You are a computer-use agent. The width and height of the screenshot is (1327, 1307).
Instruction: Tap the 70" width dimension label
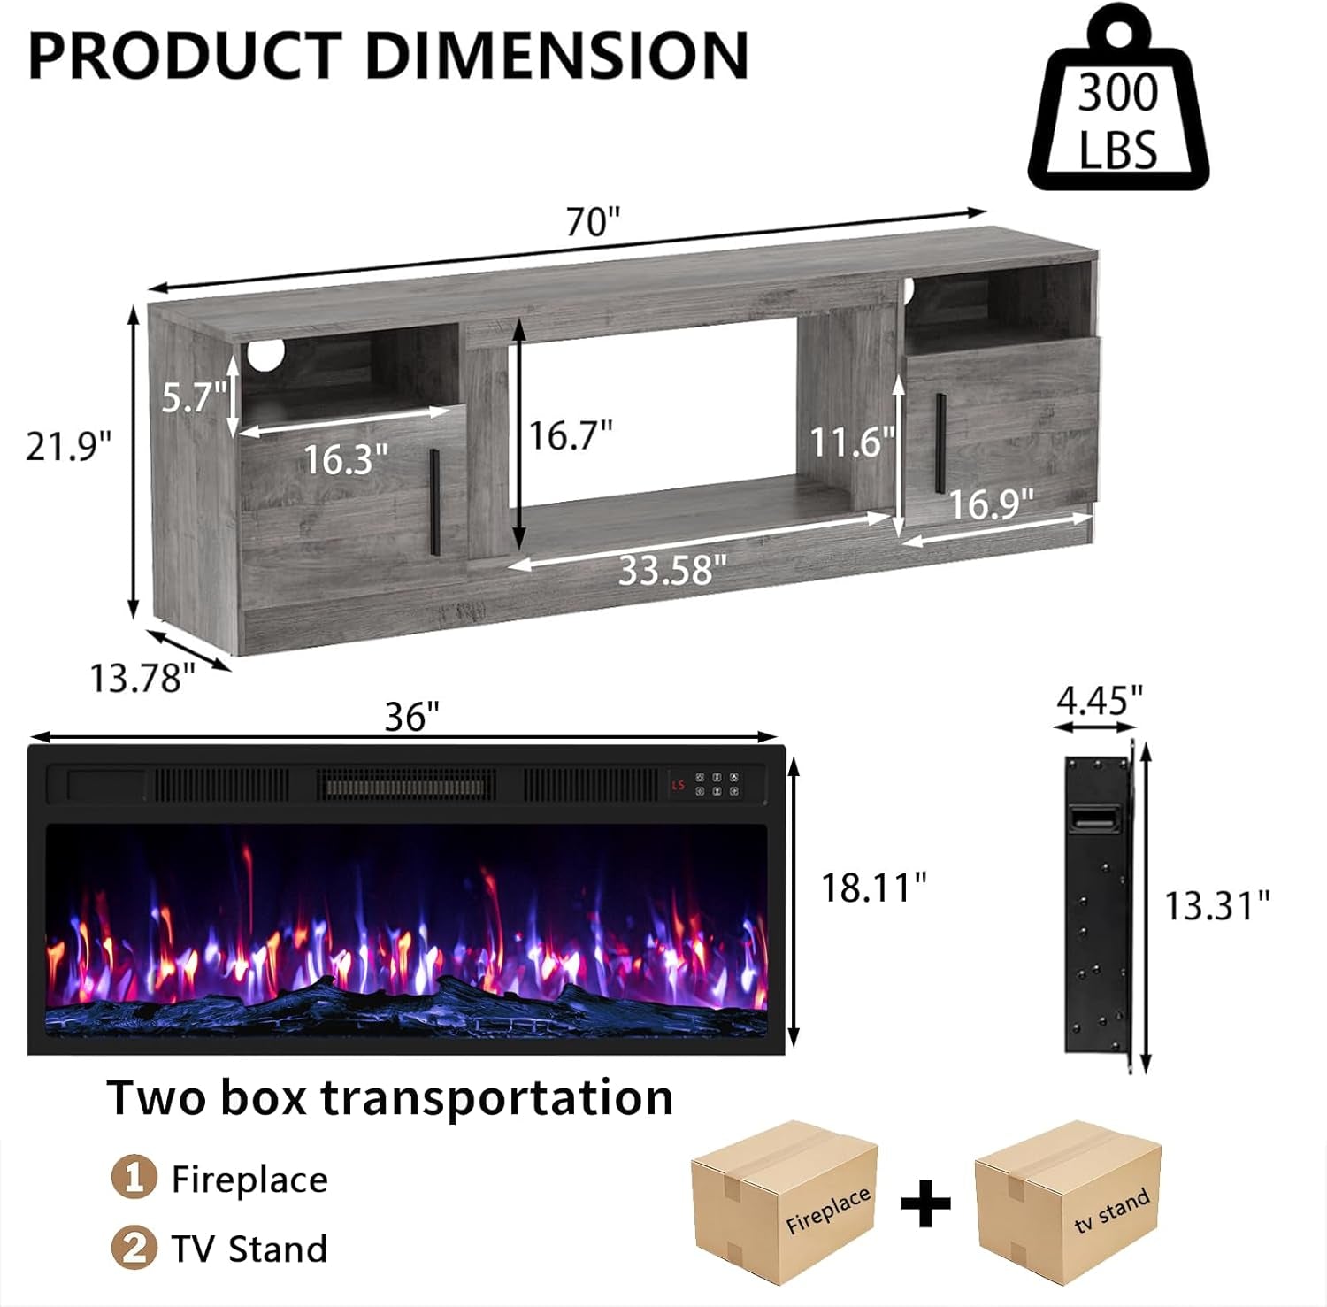593,221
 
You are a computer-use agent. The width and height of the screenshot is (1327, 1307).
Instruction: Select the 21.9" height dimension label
69,446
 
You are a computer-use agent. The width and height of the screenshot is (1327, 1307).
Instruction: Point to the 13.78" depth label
142,678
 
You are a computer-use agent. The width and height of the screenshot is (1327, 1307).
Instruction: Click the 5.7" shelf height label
194,396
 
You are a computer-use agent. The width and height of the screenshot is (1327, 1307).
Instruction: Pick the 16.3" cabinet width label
345,458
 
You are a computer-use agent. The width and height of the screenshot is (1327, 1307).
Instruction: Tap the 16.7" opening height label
571,435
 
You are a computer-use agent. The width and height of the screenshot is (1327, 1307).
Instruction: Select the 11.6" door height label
852,441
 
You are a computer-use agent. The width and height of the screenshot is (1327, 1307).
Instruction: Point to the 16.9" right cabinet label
991,504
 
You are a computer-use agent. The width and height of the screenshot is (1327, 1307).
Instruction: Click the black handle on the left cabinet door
434,502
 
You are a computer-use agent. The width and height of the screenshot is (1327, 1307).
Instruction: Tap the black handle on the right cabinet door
939,442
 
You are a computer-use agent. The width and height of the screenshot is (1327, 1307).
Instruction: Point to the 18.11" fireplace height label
873,888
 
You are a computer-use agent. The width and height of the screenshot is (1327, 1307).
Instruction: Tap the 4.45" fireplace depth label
1100,700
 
